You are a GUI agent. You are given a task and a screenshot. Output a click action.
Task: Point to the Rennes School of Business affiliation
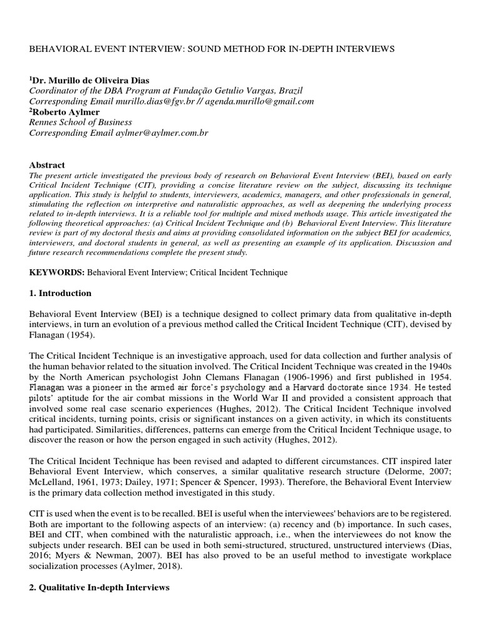81,122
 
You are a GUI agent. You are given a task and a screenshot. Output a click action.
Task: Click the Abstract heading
48,165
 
